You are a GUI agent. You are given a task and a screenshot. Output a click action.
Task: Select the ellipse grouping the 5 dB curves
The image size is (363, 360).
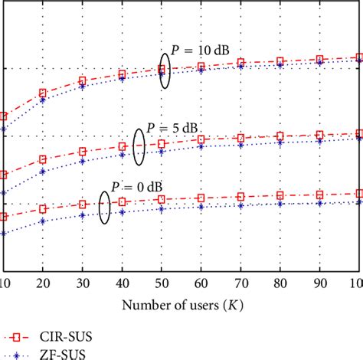(x=139, y=146)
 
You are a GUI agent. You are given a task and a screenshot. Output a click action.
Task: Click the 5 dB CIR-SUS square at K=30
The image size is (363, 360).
(x=82, y=152)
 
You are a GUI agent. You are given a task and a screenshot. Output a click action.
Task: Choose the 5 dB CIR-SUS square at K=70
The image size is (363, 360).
(x=240, y=139)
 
